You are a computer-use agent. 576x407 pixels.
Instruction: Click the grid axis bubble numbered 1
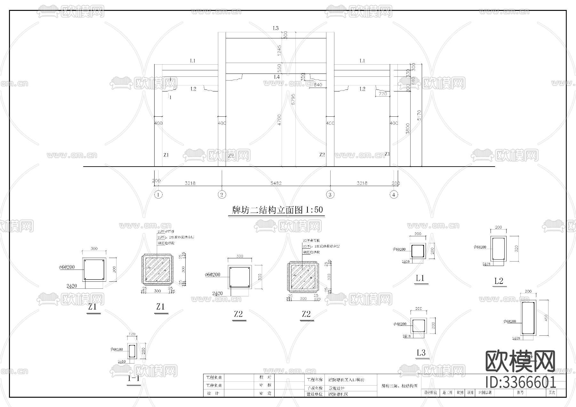point(158,194)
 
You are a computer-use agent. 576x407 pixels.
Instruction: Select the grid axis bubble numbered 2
point(221,194)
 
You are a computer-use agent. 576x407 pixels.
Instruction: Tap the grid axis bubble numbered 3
point(330,194)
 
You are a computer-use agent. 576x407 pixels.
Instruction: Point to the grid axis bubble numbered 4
point(394,194)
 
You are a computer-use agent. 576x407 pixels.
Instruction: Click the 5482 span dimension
point(276,183)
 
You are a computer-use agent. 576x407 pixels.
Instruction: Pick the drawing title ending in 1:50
point(277,210)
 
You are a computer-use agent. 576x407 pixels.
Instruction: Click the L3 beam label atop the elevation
point(276,28)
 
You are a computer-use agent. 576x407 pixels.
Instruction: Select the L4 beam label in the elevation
point(277,77)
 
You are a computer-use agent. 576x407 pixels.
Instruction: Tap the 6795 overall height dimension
point(293,99)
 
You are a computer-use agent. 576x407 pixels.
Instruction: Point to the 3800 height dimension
point(408,129)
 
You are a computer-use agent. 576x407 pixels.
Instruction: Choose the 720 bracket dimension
point(383,94)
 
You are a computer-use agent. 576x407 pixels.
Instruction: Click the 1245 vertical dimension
point(279,50)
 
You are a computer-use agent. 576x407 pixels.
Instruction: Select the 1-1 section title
point(133,379)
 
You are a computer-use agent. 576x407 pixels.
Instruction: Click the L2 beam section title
point(499,281)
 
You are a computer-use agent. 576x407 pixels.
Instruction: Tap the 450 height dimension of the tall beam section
point(546,318)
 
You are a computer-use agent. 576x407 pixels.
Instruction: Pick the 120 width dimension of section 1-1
point(132,334)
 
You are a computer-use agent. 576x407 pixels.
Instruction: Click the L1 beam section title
point(420,278)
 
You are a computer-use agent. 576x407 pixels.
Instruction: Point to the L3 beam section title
point(421,353)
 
